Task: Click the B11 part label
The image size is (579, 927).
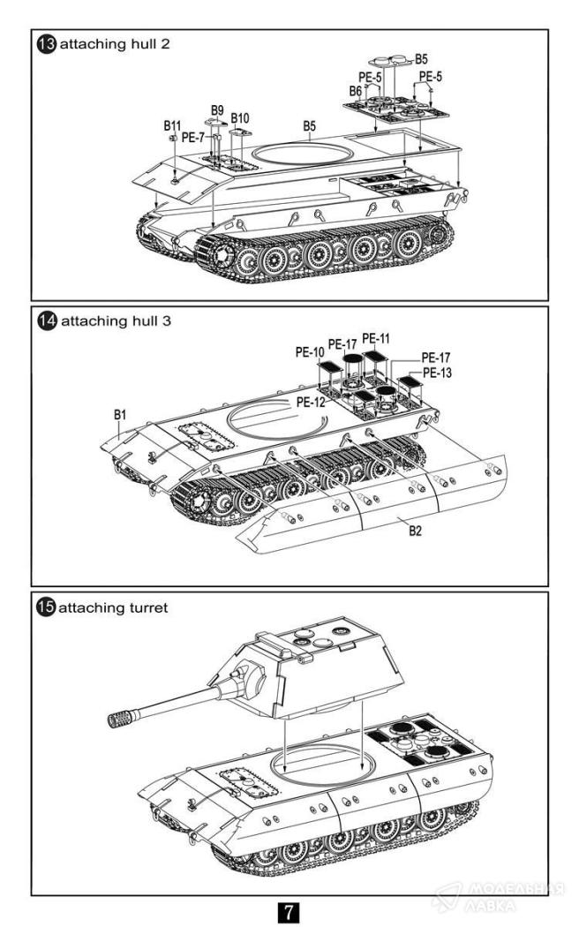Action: click(x=172, y=126)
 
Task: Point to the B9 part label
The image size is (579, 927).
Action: click(x=216, y=108)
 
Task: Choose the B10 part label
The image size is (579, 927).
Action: click(x=240, y=117)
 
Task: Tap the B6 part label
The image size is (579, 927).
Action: click(x=355, y=91)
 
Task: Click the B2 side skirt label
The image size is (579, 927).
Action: click(x=415, y=531)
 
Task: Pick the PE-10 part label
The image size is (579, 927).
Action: click(x=309, y=351)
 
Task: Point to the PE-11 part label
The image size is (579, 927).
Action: click(x=375, y=338)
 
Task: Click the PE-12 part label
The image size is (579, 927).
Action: click(x=311, y=402)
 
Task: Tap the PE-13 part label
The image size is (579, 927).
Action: click(x=436, y=373)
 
